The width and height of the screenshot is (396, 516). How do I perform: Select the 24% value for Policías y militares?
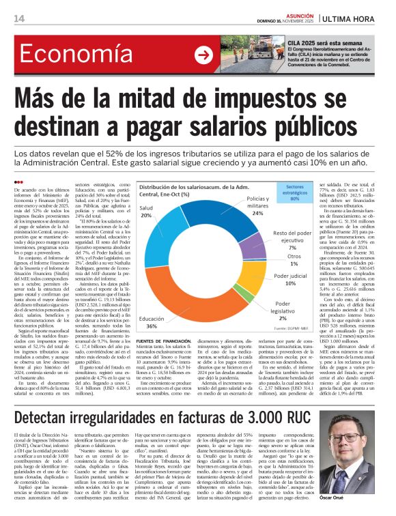(257, 213)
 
